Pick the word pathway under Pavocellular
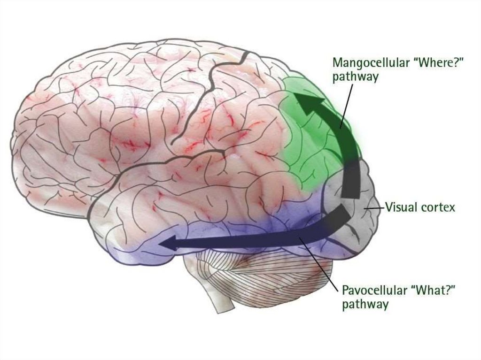pyautogui.click(x=365, y=305)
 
